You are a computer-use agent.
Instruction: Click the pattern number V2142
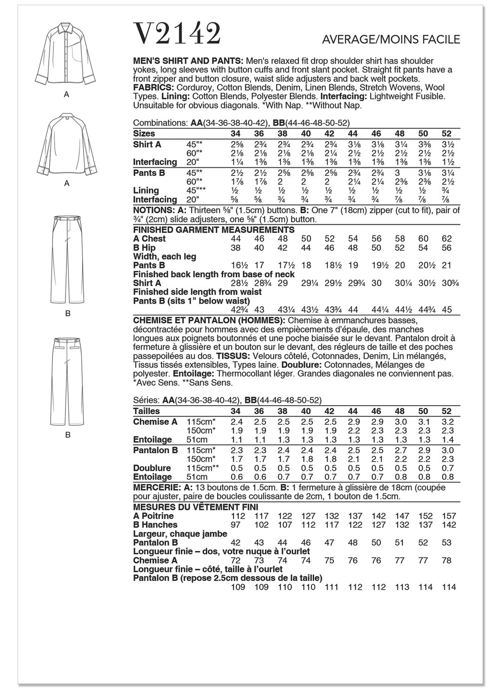click(177, 34)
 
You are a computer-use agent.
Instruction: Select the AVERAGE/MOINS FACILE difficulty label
click(391, 40)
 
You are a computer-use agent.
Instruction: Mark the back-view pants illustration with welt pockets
click(68, 382)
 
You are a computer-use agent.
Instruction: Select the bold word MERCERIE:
click(156, 488)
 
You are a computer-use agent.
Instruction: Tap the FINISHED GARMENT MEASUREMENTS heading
click(214, 230)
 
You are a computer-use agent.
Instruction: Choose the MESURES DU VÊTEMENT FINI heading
click(195, 507)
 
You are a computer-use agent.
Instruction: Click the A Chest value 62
click(446, 239)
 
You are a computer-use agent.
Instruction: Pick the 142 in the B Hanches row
click(449, 525)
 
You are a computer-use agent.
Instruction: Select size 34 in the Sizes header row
click(236, 134)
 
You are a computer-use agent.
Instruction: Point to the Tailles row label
click(146, 411)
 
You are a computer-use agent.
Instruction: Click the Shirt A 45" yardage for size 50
click(423, 144)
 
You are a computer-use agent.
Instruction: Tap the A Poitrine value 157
click(449, 516)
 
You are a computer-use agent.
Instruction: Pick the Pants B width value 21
click(446, 265)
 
